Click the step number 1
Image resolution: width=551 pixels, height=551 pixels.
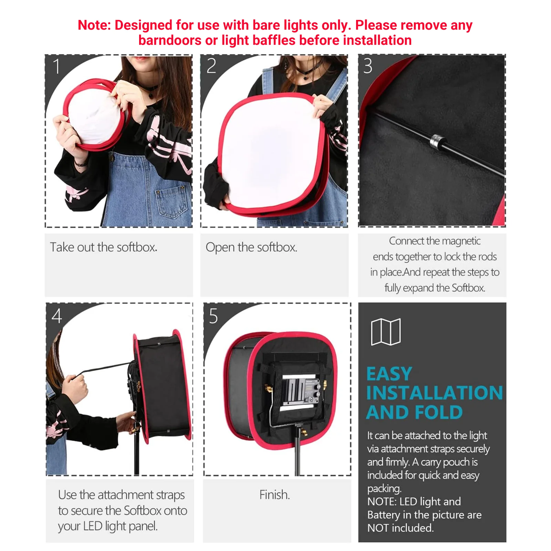56,66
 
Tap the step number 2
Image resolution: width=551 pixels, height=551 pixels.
211,66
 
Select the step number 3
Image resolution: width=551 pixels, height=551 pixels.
368,66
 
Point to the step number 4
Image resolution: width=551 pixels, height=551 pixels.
57,315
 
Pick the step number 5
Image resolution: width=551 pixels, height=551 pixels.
213,316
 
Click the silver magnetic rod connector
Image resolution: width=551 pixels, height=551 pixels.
437,141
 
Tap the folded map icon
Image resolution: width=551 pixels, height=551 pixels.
386,332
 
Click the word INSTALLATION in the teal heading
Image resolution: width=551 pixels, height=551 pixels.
434,393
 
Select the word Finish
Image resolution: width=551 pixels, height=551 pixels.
274,495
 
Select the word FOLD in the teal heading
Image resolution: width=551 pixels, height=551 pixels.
438,413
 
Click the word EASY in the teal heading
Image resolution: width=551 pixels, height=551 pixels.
389,374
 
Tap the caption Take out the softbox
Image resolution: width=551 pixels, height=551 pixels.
103,247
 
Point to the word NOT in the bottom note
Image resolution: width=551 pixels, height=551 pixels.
378,528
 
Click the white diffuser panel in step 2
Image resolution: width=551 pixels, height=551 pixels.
272,155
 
